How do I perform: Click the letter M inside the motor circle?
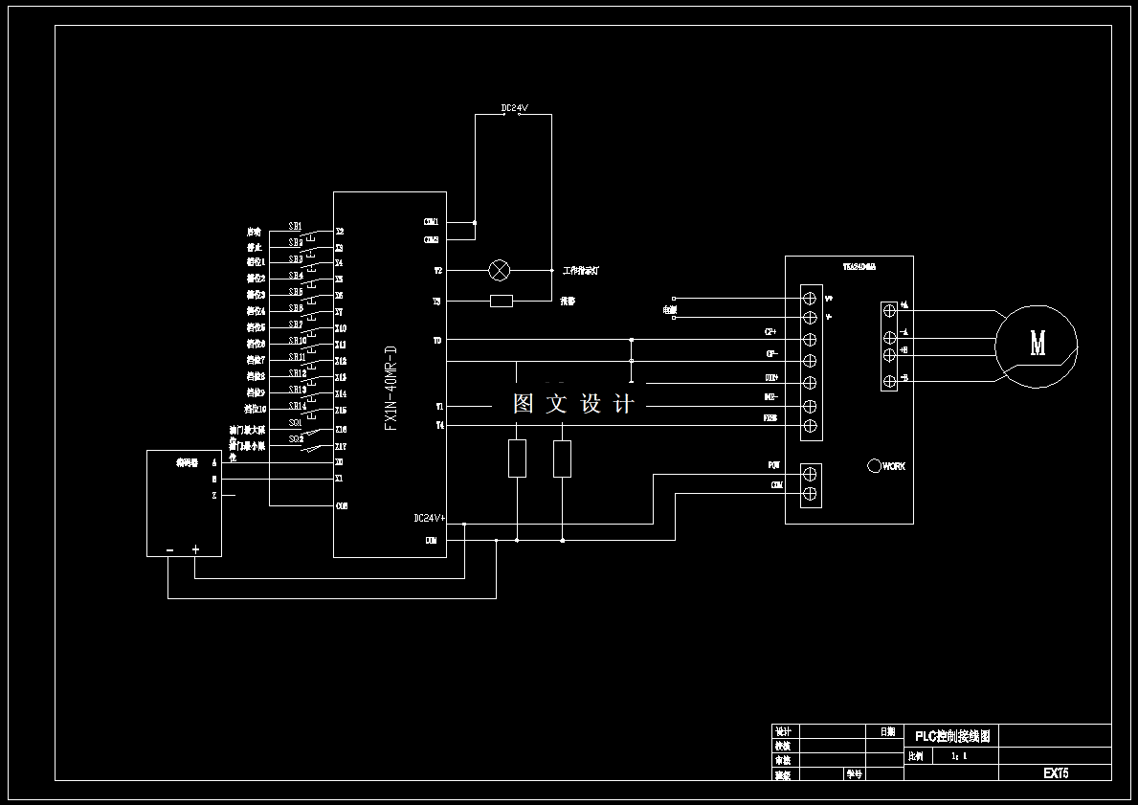coord(1038,343)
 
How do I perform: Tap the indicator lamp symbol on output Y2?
coord(500,270)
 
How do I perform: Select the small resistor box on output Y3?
coord(501,302)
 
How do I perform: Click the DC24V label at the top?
coord(514,108)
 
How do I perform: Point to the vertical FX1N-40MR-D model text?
coord(390,388)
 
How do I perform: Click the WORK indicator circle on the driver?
coord(874,466)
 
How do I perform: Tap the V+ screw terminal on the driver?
coord(810,298)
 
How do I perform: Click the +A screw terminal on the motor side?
coord(889,310)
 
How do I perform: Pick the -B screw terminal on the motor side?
coord(889,381)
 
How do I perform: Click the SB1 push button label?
coord(295,226)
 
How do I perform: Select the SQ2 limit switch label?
coord(295,438)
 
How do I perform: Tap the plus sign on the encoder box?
coord(195,549)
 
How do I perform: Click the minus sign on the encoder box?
coord(169,549)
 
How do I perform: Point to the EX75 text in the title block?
coord(1056,772)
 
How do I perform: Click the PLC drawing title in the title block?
coord(951,736)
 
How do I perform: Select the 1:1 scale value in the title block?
coord(959,756)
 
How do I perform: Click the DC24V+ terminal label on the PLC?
coord(427,518)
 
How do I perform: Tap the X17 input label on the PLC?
coord(340,447)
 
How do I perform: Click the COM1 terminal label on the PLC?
coord(431,222)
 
